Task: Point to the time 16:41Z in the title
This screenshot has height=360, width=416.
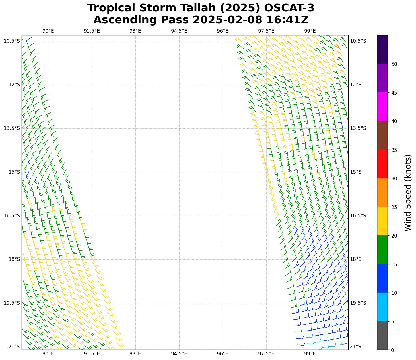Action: click(x=287, y=20)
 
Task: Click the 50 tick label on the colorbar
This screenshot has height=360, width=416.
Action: click(x=394, y=64)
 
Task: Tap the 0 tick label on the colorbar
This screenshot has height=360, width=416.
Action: click(x=393, y=350)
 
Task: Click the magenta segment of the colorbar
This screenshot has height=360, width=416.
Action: click(x=382, y=107)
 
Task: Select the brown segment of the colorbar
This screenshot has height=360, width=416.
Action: click(x=382, y=135)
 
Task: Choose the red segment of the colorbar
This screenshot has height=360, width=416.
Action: click(x=382, y=164)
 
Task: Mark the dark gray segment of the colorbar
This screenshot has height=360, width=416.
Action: click(x=382, y=336)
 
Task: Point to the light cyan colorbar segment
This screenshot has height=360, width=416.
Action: click(x=382, y=307)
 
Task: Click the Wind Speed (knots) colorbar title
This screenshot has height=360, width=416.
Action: click(x=408, y=193)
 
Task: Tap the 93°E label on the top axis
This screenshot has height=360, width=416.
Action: click(x=135, y=31)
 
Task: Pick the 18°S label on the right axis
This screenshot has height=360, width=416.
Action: click(x=356, y=259)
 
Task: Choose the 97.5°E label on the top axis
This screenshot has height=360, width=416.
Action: click(x=266, y=31)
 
